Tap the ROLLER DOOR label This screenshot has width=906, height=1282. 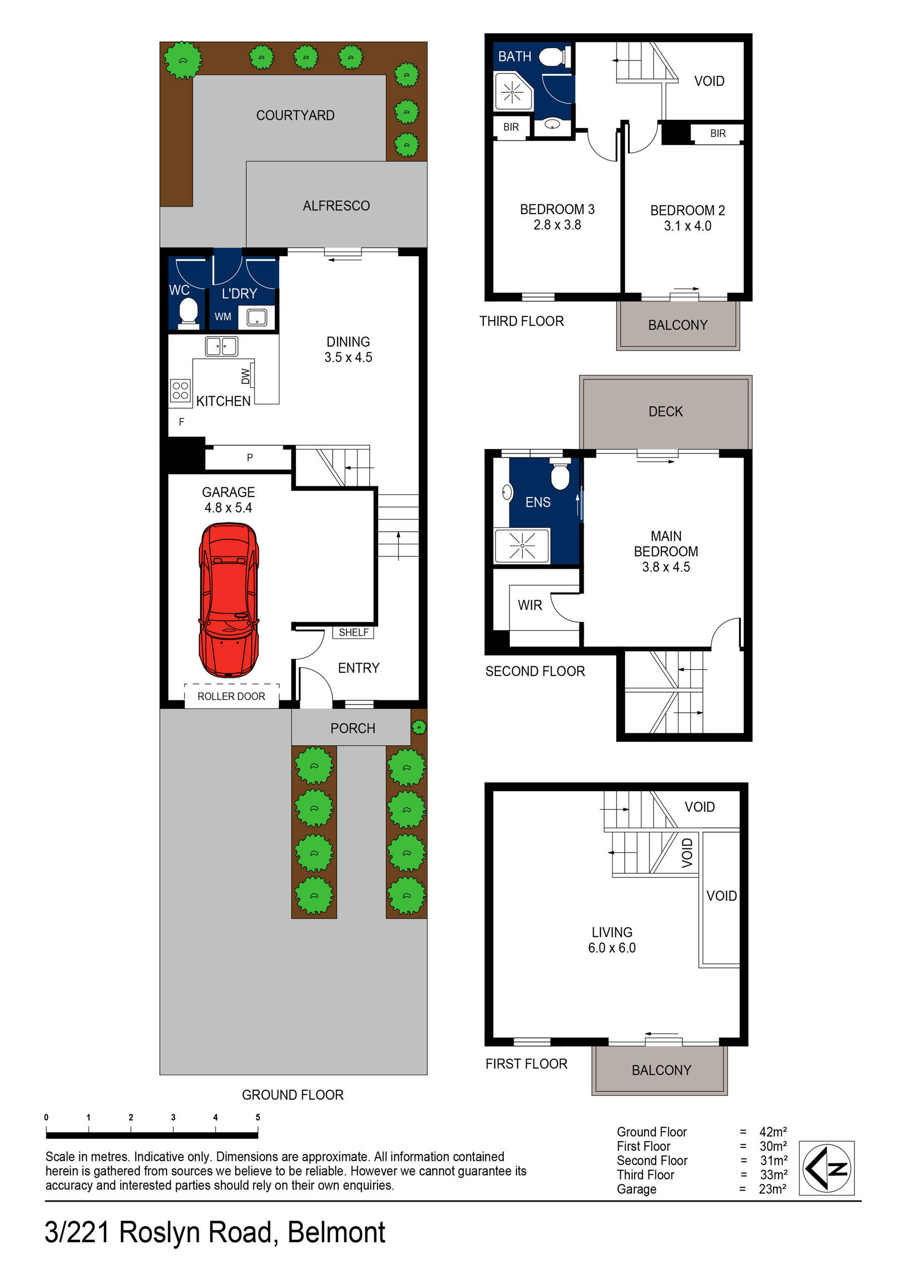pos(231,696)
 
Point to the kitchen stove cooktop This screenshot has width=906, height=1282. pos(180,390)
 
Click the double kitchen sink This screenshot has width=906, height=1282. pos(221,346)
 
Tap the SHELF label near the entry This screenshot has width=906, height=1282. pos(353,632)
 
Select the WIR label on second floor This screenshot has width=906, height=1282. pos(529,605)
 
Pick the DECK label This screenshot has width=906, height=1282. pos(665,411)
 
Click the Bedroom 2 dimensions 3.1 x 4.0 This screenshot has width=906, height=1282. pos(687,226)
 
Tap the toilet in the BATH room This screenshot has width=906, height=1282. pos(555,56)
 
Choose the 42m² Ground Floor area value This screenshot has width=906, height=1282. pos(773,1132)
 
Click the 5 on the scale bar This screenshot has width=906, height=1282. pos(258,1117)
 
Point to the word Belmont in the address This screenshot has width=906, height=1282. pos(336,1232)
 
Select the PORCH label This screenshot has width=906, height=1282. pos(352,728)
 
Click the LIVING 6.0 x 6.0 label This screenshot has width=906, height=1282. pos(612,940)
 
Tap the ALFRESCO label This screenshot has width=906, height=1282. pos(336,206)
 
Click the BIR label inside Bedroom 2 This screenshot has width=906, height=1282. pos(718,133)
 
